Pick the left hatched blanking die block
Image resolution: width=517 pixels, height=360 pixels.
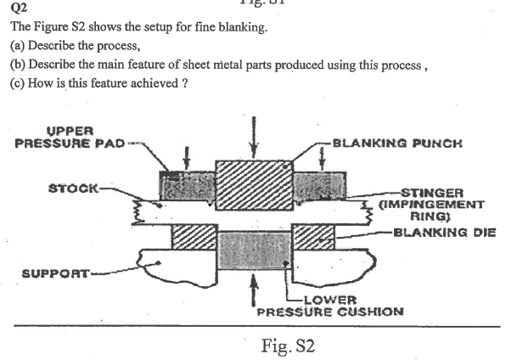194,237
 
